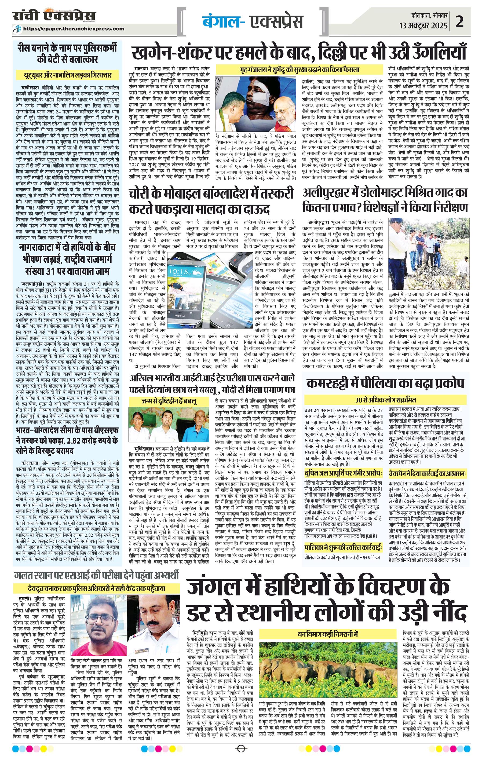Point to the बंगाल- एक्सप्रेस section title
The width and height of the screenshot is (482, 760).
coord(253,21)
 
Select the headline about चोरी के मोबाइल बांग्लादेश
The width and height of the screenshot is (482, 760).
coord(211,200)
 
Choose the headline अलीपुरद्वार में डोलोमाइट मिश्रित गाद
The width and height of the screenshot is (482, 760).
coord(385,200)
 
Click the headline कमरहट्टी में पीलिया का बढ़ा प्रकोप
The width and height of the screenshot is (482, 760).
coord(385,383)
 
